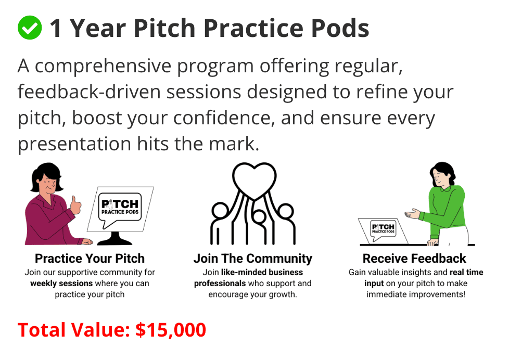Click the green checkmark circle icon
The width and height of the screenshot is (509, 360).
[30, 28]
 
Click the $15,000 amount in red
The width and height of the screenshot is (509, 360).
[171, 330]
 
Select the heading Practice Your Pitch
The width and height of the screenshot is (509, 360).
[90, 259]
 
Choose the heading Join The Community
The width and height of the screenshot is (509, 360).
[253, 259]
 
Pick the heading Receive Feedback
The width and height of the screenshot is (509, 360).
[414, 259]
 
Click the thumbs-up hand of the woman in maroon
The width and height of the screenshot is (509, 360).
[75, 205]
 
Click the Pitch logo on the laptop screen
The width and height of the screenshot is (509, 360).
[383, 230]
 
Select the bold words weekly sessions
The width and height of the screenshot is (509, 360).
[62, 284]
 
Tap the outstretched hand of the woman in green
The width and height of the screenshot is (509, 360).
[412, 214]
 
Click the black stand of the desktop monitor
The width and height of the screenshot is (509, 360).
[115, 238]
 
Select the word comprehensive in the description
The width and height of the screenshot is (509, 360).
[103, 66]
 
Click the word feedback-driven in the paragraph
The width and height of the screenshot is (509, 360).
[90, 92]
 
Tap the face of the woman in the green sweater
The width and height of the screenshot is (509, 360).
[439, 179]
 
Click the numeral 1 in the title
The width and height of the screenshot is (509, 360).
[56, 28]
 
